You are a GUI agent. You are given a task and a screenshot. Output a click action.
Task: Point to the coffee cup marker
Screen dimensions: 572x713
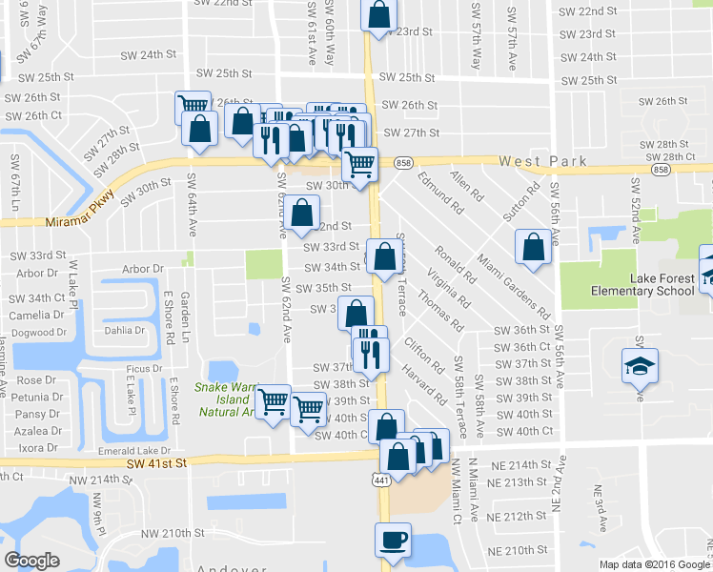coord(393,541)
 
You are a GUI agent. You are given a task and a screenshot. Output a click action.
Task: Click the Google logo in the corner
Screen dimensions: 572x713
coord(31,561)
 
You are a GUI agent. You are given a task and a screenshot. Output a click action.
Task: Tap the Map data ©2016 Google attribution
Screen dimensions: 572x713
coord(654,564)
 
